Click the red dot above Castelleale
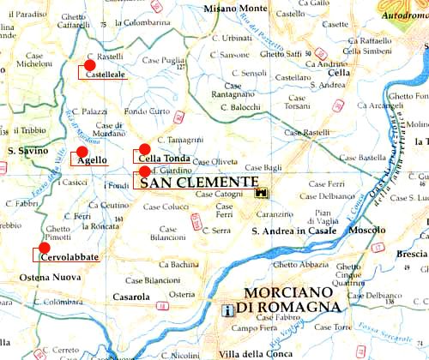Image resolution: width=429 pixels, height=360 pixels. [90, 65]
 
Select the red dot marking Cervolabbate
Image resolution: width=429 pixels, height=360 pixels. [45, 248]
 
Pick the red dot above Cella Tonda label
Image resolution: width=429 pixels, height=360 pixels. [145, 148]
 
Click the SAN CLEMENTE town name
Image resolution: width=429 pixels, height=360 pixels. [198, 183]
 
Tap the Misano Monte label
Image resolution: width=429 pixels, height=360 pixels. [235, 9]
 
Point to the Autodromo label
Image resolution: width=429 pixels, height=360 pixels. [404, 15]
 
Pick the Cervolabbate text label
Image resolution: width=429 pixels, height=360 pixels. [69, 257]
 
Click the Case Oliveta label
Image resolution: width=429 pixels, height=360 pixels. [214, 161]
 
